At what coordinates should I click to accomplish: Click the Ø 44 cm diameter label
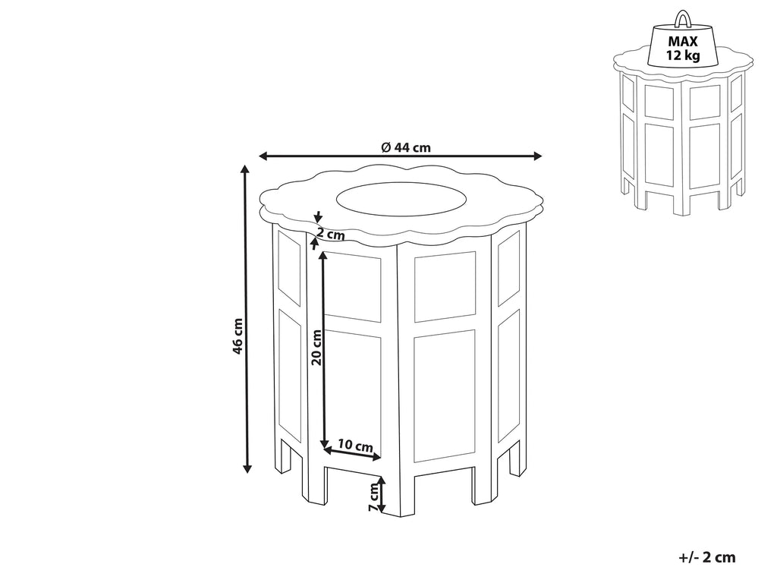(406, 147)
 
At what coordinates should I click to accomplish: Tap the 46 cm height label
(238, 336)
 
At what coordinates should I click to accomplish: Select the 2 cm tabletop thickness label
(331, 234)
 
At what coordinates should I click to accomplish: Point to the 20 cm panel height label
(316, 347)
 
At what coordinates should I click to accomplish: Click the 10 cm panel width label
(356, 445)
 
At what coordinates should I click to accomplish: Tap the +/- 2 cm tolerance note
(706, 557)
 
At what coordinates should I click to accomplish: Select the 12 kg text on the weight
(683, 55)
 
